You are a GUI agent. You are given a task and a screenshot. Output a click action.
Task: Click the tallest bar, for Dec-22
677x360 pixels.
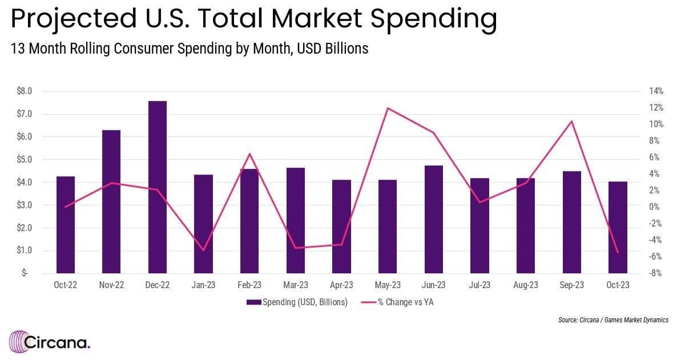[158, 187]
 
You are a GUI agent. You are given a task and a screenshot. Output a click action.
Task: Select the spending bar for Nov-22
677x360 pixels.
[111, 201]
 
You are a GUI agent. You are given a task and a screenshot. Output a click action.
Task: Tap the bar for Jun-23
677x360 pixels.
[434, 219]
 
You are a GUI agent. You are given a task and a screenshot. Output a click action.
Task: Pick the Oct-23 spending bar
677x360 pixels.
[618, 227]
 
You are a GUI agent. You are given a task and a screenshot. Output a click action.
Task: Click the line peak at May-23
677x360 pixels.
[388, 108]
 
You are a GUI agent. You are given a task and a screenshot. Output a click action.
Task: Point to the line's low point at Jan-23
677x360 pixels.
[203, 250]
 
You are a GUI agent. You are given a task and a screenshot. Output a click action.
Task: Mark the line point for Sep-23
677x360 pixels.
[571, 121]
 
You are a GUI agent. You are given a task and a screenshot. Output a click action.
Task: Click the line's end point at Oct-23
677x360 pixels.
[618, 253]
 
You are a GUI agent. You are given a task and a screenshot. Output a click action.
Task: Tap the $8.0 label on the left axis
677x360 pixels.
[24, 91]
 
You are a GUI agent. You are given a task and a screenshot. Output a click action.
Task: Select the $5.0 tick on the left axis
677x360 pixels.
[24, 160]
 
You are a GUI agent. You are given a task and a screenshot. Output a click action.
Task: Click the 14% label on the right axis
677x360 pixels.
[655, 91]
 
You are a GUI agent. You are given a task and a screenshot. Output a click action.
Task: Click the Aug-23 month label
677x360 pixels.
[525, 285]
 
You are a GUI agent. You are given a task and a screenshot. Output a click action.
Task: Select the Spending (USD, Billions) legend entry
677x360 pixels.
[297, 302]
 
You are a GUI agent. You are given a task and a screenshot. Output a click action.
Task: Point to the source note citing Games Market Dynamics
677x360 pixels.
[613, 320]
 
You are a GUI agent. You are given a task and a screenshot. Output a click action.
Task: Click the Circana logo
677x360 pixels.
[50, 343]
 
